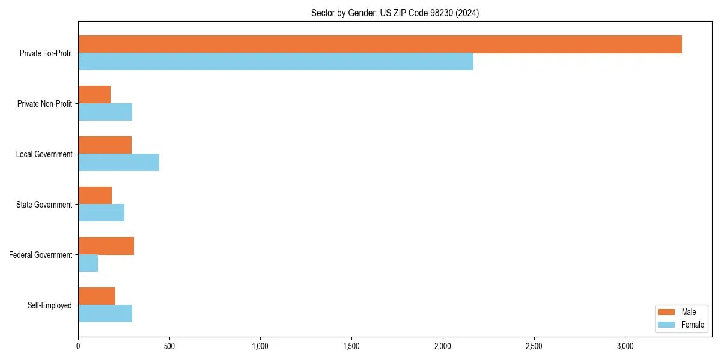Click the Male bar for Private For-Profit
click(x=380, y=44)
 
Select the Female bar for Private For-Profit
click(x=276, y=62)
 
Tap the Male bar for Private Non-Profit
click(x=94, y=95)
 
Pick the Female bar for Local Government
click(x=118, y=163)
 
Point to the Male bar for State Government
click(x=95, y=196)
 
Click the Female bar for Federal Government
click(x=88, y=263)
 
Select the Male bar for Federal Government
click(x=106, y=246)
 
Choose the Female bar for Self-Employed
click(x=105, y=314)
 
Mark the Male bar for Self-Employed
click(x=97, y=296)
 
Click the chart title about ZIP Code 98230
click(x=395, y=13)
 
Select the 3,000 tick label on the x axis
click(x=625, y=346)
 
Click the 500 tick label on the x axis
click(x=169, y=346)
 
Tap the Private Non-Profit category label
click(x=44, y=104)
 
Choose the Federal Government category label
click(x=41, y=255)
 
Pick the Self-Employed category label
click(x=50, y=305)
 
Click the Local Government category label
click(x=44, y=154)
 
